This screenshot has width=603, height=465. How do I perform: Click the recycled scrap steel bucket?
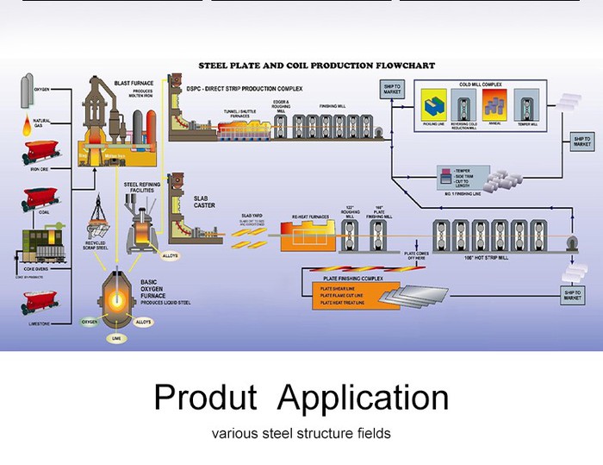(x=96, y=215)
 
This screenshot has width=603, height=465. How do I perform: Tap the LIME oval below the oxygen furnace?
(x=117, y=339)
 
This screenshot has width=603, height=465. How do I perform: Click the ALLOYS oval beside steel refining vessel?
(x=171, y=255)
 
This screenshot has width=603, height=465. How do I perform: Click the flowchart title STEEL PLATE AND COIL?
(x=316, y=66)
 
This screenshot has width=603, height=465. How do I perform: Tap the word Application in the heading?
(x=364, y=397)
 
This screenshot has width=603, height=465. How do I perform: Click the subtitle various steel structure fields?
(x=301, y=434)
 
